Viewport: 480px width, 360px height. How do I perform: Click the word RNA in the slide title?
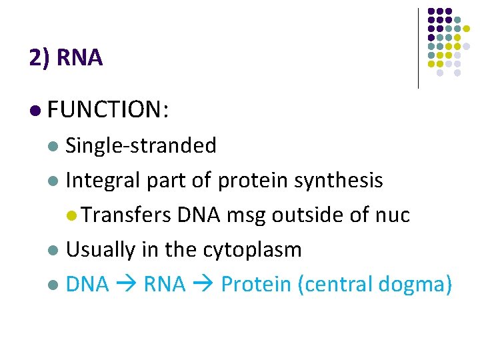pos(80,59)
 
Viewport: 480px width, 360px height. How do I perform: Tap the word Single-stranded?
pos(141,145)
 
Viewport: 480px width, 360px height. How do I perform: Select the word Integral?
pos(99,180)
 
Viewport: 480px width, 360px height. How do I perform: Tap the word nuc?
pos(392,215)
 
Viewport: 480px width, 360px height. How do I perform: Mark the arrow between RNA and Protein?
pos(203,285)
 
